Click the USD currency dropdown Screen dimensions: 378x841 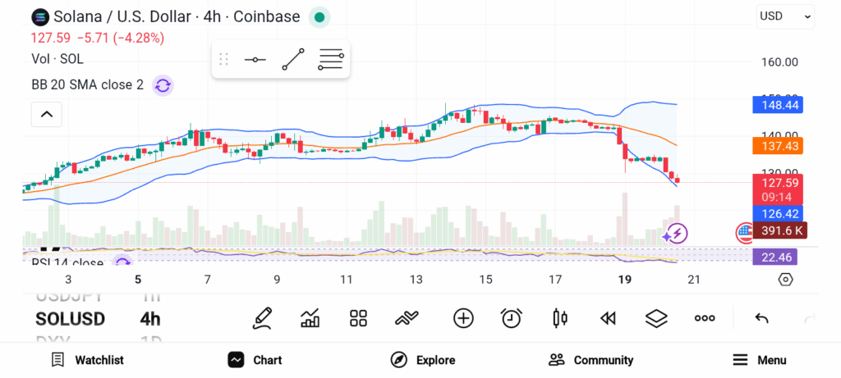pos(785,16)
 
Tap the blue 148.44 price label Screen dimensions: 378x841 pos(777,104)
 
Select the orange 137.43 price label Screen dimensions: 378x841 pos(777,145)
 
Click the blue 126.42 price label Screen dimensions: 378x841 pos(777,214)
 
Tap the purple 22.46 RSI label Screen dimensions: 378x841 pos(774,257)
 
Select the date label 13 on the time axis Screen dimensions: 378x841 pos(416,280)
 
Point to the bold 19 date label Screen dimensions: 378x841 pos(624,280)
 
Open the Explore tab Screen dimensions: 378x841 pos(423,360)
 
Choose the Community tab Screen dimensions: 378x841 pos(591,360)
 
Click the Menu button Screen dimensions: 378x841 pos(759,360)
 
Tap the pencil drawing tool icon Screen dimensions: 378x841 pos(262,318)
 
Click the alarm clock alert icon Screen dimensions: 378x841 pos(512,318)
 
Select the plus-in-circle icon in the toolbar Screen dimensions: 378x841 pos(463,318)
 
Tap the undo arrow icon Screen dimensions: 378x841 pos(761,318)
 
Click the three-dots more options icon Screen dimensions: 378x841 pos(705,318)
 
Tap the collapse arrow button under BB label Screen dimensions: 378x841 pos(46,114)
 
